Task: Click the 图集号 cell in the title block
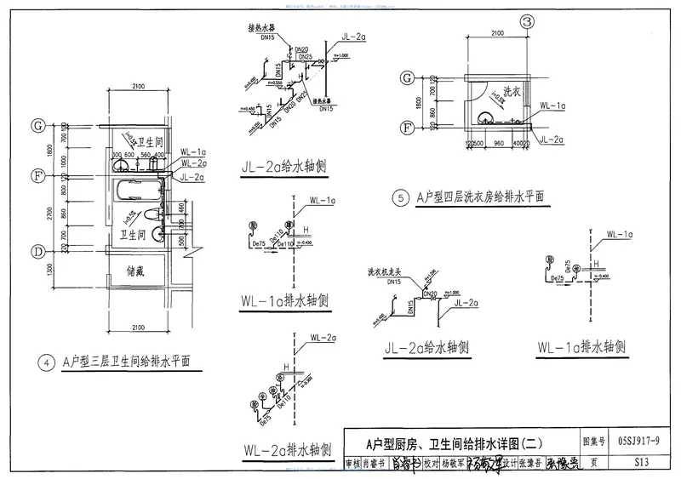pos(593,441)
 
